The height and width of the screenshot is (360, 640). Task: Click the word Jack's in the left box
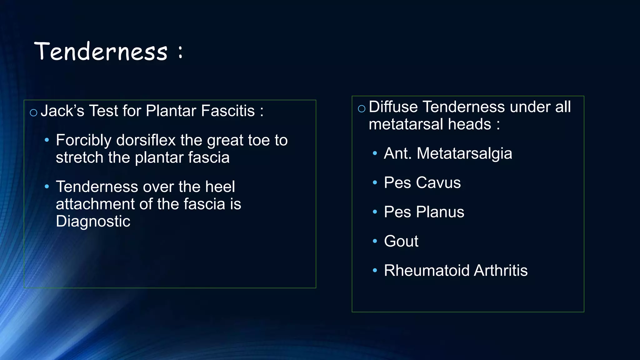[x=62, y=111]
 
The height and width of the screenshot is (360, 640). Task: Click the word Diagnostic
[x=93, y=221]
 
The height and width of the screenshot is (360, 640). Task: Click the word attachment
[x=95, y=204]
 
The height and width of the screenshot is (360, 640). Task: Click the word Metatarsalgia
[x=464, y=153]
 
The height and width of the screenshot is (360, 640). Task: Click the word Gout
[x=401, y=241]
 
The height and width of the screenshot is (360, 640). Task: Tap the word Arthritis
[x=501, y=270]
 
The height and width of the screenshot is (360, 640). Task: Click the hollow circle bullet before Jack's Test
[x=33, y=112]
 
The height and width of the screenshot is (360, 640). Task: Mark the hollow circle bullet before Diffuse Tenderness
[x=362, y=109]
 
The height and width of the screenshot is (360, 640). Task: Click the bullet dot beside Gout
[x=375, y=241]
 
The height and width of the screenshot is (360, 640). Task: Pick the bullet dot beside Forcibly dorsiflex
[x=47, y=140]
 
